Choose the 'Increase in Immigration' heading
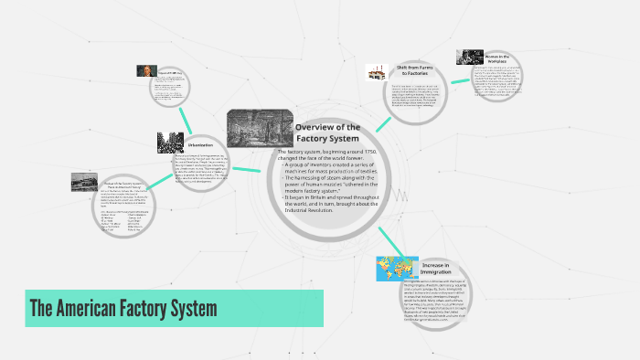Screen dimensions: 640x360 pos(435,269)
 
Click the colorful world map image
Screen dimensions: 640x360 pos(398,269)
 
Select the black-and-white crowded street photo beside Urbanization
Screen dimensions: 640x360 pos(170,143)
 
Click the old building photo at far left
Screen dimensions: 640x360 pos(84,182)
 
